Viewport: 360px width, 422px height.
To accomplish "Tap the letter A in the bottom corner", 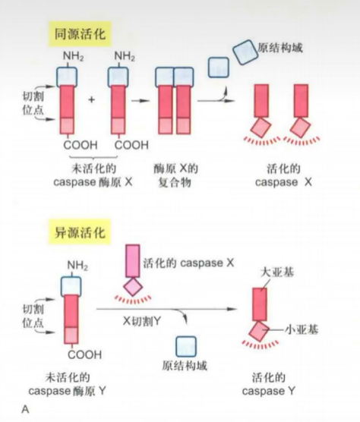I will tap(26, 411).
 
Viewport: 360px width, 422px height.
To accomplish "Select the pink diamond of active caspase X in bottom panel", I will tap(134, 286).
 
